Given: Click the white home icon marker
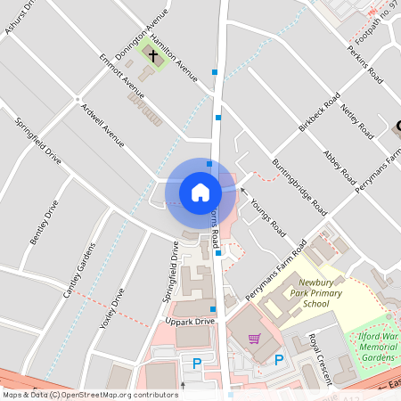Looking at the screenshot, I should pyautogui.click(x=200, y=192).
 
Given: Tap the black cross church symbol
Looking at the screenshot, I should pyautogui.click(x=153, y=56).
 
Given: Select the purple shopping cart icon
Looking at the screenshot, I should pyautogui.click(x=255, y=339).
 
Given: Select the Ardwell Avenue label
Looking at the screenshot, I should pyautogui.click(x=102, y=125).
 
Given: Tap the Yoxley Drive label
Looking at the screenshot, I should pyautogui.click(x=112, y=307).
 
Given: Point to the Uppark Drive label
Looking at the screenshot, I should pyautogui.click(x=190, y=321).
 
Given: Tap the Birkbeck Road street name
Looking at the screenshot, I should pyautogui.click(x=320, y=113).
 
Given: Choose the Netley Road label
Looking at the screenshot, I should pyautogui.click(x=355, y=119).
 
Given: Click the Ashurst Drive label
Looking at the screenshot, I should pyautogui.click(x=20, y=18).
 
